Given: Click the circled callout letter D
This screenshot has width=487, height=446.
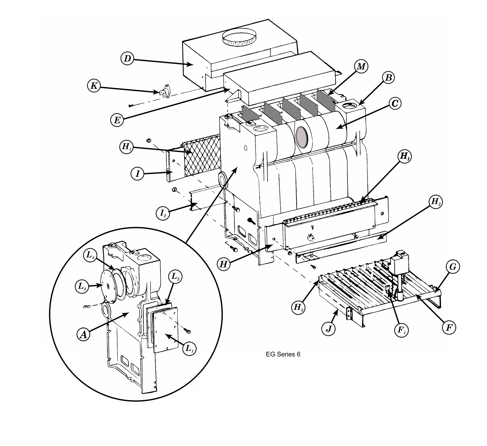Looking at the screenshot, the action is (128, 58).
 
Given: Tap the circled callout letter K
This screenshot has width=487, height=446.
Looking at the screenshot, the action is (94, 86).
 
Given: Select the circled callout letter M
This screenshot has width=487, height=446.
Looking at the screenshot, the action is (361, 67).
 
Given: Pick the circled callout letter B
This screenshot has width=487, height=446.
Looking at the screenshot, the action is (388, 78).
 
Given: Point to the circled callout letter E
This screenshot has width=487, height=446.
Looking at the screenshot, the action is (117, 120).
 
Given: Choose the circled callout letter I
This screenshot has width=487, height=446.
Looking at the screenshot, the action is (138, 174).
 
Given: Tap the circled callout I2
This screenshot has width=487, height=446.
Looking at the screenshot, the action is (163, 213).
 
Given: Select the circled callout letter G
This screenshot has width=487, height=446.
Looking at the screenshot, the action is (452, 267).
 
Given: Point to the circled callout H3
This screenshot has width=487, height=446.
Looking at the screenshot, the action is (299, 308).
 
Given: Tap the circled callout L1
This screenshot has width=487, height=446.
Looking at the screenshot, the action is (189, 349).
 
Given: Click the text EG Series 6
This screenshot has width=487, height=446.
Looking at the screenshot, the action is (283, 354).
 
